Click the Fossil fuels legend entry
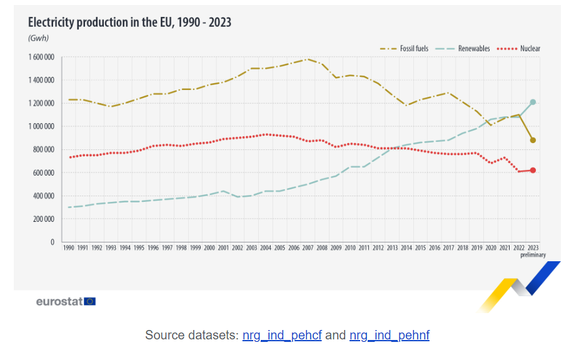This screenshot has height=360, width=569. click(x=413, y=48)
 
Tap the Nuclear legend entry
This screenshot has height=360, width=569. click(x=530, y=48)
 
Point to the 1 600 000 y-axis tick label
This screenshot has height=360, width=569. click(x=41, y=57)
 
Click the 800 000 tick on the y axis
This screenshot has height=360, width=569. click(x=44, y=149)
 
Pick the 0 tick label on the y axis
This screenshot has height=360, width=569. click(x=53, y=242)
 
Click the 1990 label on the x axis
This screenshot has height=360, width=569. click(x=69, y=248)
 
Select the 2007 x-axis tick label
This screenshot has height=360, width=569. click(x=307, y=248)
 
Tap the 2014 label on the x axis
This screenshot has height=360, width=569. click(x=406, y=248)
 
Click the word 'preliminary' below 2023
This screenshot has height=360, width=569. click(x=533, y=255)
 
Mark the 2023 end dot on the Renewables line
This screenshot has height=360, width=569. click(x=533, y=102)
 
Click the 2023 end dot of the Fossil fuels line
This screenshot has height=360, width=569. click(x=533, y=140)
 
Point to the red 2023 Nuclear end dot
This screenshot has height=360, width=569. click(x=533, y=170)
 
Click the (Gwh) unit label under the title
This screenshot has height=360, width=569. click(x=38, y=38)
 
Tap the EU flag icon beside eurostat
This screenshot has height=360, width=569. click(x=90, y=301)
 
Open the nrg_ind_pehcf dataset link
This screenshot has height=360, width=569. click(x=282, y=335)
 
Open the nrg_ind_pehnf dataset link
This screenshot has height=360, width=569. click(x=390, y=335)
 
